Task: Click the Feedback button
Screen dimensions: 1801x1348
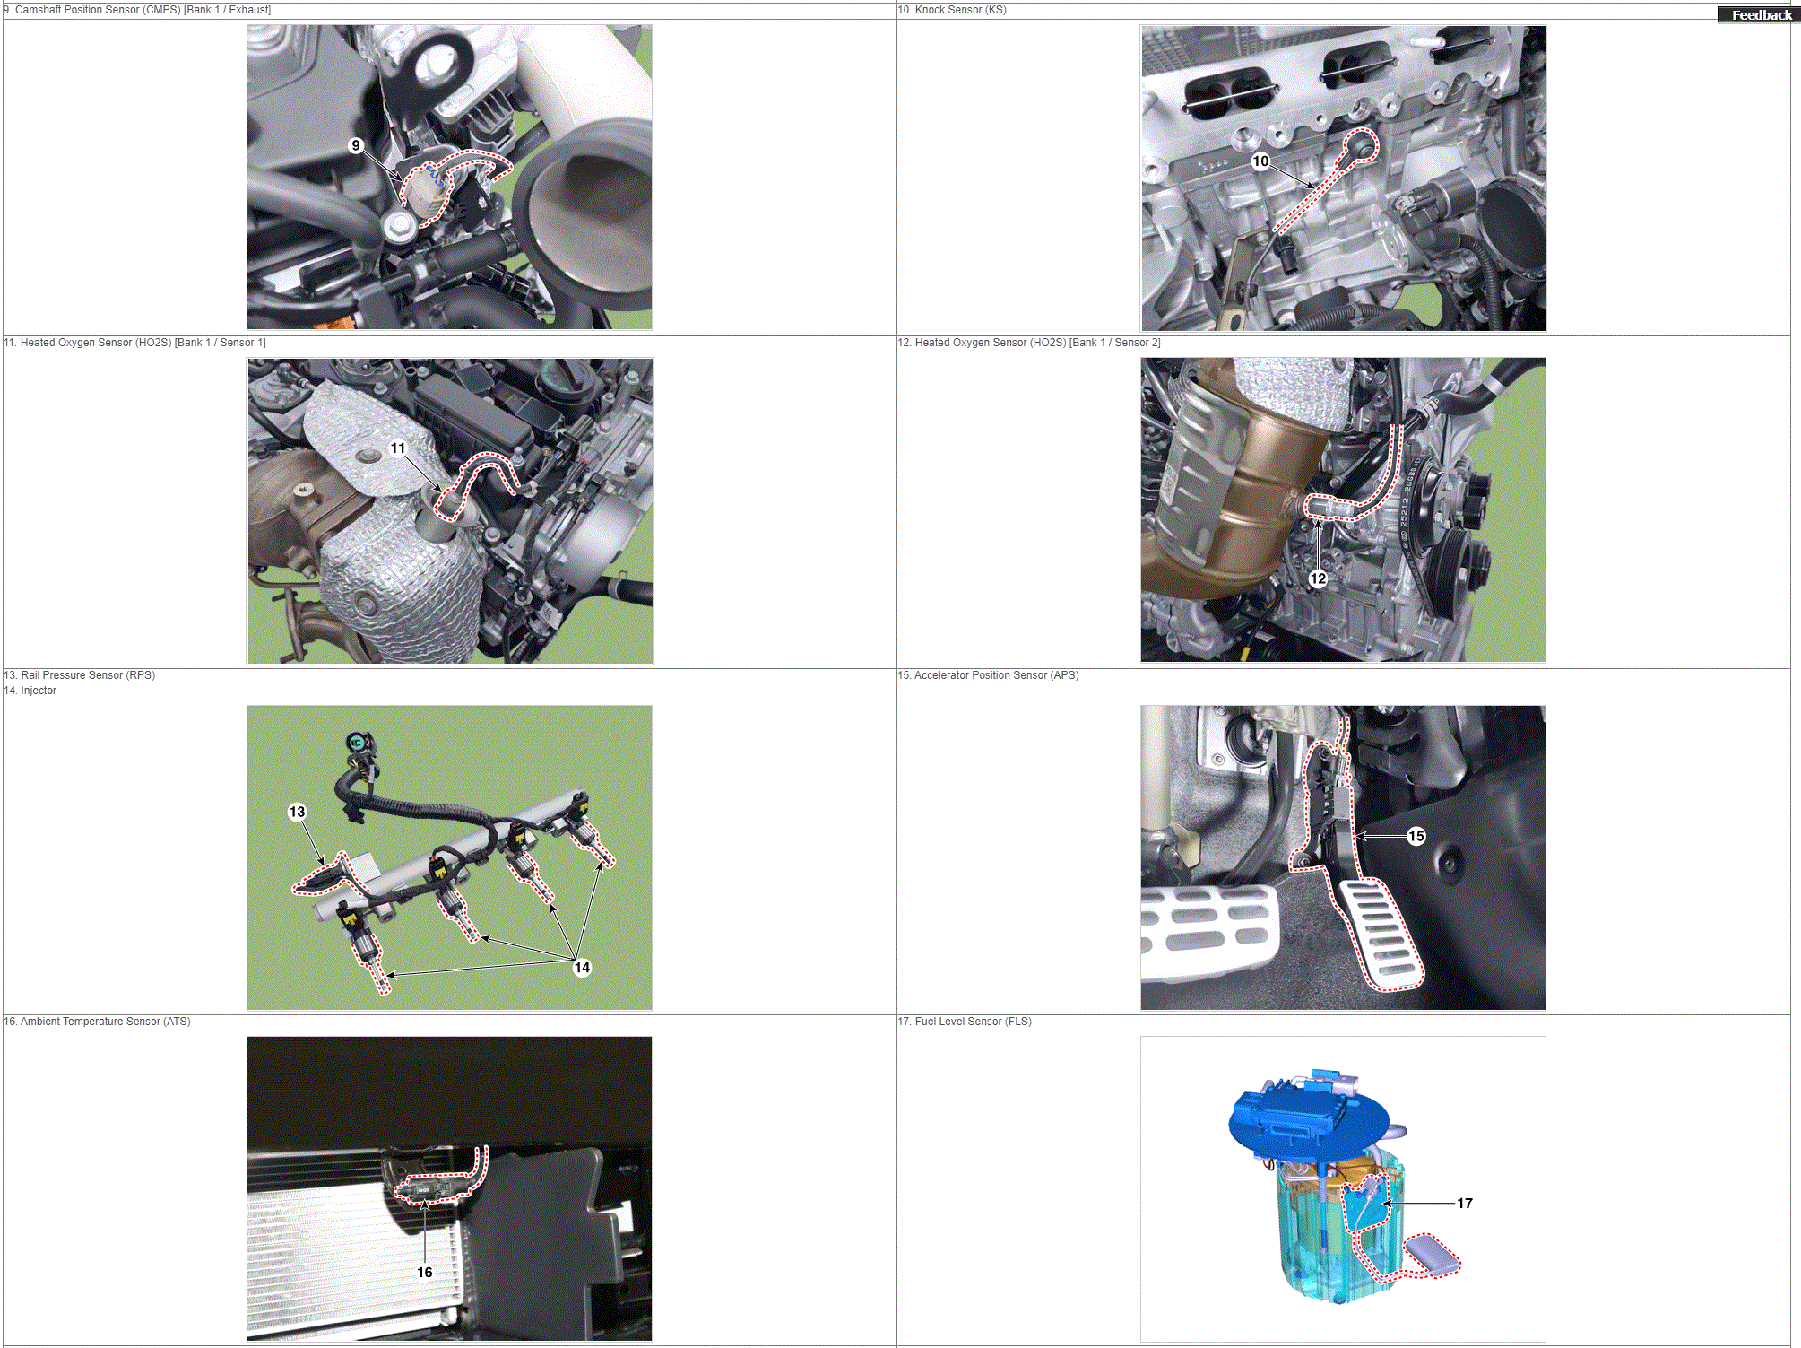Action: pos(1759,14)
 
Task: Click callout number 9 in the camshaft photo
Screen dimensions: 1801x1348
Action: pos(356,145)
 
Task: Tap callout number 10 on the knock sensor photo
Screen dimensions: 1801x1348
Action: pos(1260,161)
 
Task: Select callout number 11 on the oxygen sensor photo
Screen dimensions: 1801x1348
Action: pos(398,448)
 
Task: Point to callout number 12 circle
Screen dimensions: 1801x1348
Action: pos(1318,578)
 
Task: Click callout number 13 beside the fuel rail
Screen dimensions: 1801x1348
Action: pos(297,812)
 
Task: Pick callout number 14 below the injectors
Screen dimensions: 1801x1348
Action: pos(582,967)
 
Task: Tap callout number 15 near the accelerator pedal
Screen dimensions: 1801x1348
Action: pos(1416,836)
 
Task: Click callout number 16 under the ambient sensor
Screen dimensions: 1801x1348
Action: pos(425,1272)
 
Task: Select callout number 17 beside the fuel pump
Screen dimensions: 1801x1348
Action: pos(1465,1203)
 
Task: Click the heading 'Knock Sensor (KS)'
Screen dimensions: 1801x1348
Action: pos(960,10)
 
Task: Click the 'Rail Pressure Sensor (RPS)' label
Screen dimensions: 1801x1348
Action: pos(88,675)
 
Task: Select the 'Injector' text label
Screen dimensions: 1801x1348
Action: pos(39,691)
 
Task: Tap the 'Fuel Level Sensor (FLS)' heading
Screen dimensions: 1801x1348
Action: pos(973,1022)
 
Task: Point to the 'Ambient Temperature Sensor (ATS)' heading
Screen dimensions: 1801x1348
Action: pos(106,1022)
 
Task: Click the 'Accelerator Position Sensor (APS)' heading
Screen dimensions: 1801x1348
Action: pos(996,675)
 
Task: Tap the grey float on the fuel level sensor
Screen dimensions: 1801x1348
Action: pos(1432,1253)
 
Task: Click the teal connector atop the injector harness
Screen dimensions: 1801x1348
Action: pos(359,743)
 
